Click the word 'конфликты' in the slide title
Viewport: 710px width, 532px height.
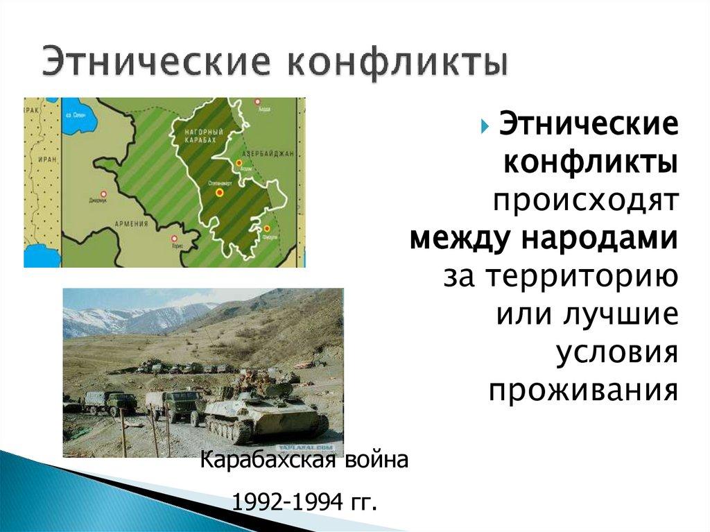coord(397,61)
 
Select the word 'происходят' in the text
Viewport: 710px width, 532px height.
coord(585,201)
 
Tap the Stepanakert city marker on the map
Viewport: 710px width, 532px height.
coord(219,191)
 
